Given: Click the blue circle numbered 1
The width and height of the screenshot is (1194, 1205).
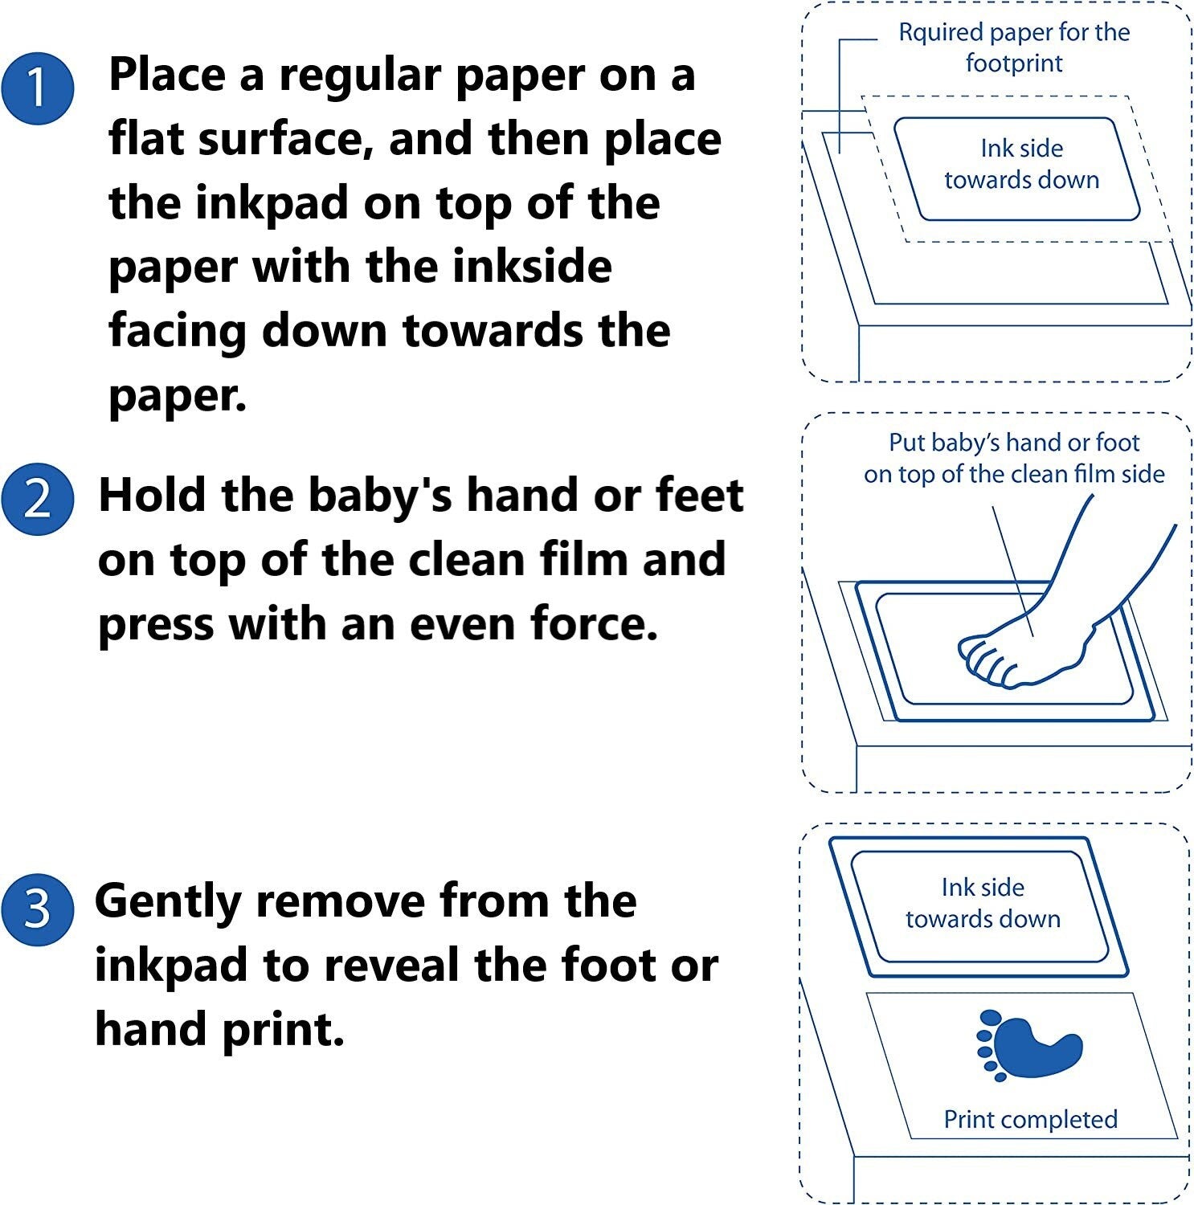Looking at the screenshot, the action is [38, 88].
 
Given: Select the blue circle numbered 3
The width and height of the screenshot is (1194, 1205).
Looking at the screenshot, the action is [38, 910].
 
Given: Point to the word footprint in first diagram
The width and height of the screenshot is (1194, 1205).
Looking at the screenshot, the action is [1014, 63].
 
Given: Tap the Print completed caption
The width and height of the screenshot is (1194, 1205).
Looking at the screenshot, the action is [1030, 1119].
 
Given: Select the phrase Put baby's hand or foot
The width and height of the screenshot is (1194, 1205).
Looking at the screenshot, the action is [1014, 443].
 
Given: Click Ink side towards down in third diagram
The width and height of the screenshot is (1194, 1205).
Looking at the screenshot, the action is [983, 903].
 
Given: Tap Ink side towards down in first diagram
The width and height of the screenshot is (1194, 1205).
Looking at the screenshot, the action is [1021, 164].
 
